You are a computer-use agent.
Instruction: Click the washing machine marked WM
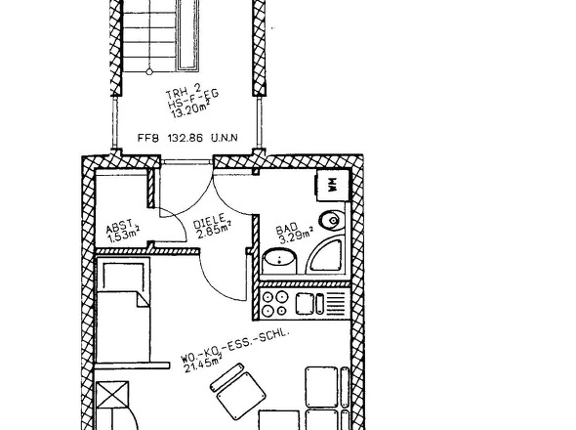[x=331, y=184]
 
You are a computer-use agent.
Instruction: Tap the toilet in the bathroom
[x=334, y=221]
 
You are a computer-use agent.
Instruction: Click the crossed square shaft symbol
[x=114, y=399]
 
